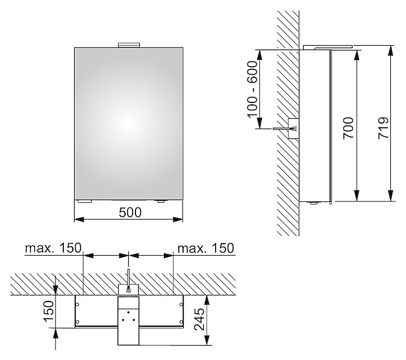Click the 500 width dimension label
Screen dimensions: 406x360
(x=130, y=212)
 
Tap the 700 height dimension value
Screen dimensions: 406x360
(x=349, y=128)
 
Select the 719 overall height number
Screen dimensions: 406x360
(x=383, y=128)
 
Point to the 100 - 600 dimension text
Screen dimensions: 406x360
(x=252, y=89)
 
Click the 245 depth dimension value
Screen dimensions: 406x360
(x=199, y=320)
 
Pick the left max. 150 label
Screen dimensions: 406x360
(x=53, y=248)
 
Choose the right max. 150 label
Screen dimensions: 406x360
(x=206, y=248)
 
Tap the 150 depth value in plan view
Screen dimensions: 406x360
(x=48, y=311)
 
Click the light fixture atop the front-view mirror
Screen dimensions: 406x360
(x=129, y=45)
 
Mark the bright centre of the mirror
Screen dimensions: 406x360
(x=129, y=124)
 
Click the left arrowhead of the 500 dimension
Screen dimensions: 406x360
(x=80, y=219)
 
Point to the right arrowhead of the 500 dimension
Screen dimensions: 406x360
(x=178, y=219)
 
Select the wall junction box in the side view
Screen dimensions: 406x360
(x=293, y=128)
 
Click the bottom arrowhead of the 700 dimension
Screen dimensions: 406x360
(x=357, y=196)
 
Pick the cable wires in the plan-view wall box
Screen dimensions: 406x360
(x=128, y=290)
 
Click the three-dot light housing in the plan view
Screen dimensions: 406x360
(x=128, y=321)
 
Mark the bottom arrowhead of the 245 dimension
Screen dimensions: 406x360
(x=207, y=340)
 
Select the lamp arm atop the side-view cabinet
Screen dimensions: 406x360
(x=328, y=47)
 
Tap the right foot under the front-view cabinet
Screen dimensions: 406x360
(x=161, y=201)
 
